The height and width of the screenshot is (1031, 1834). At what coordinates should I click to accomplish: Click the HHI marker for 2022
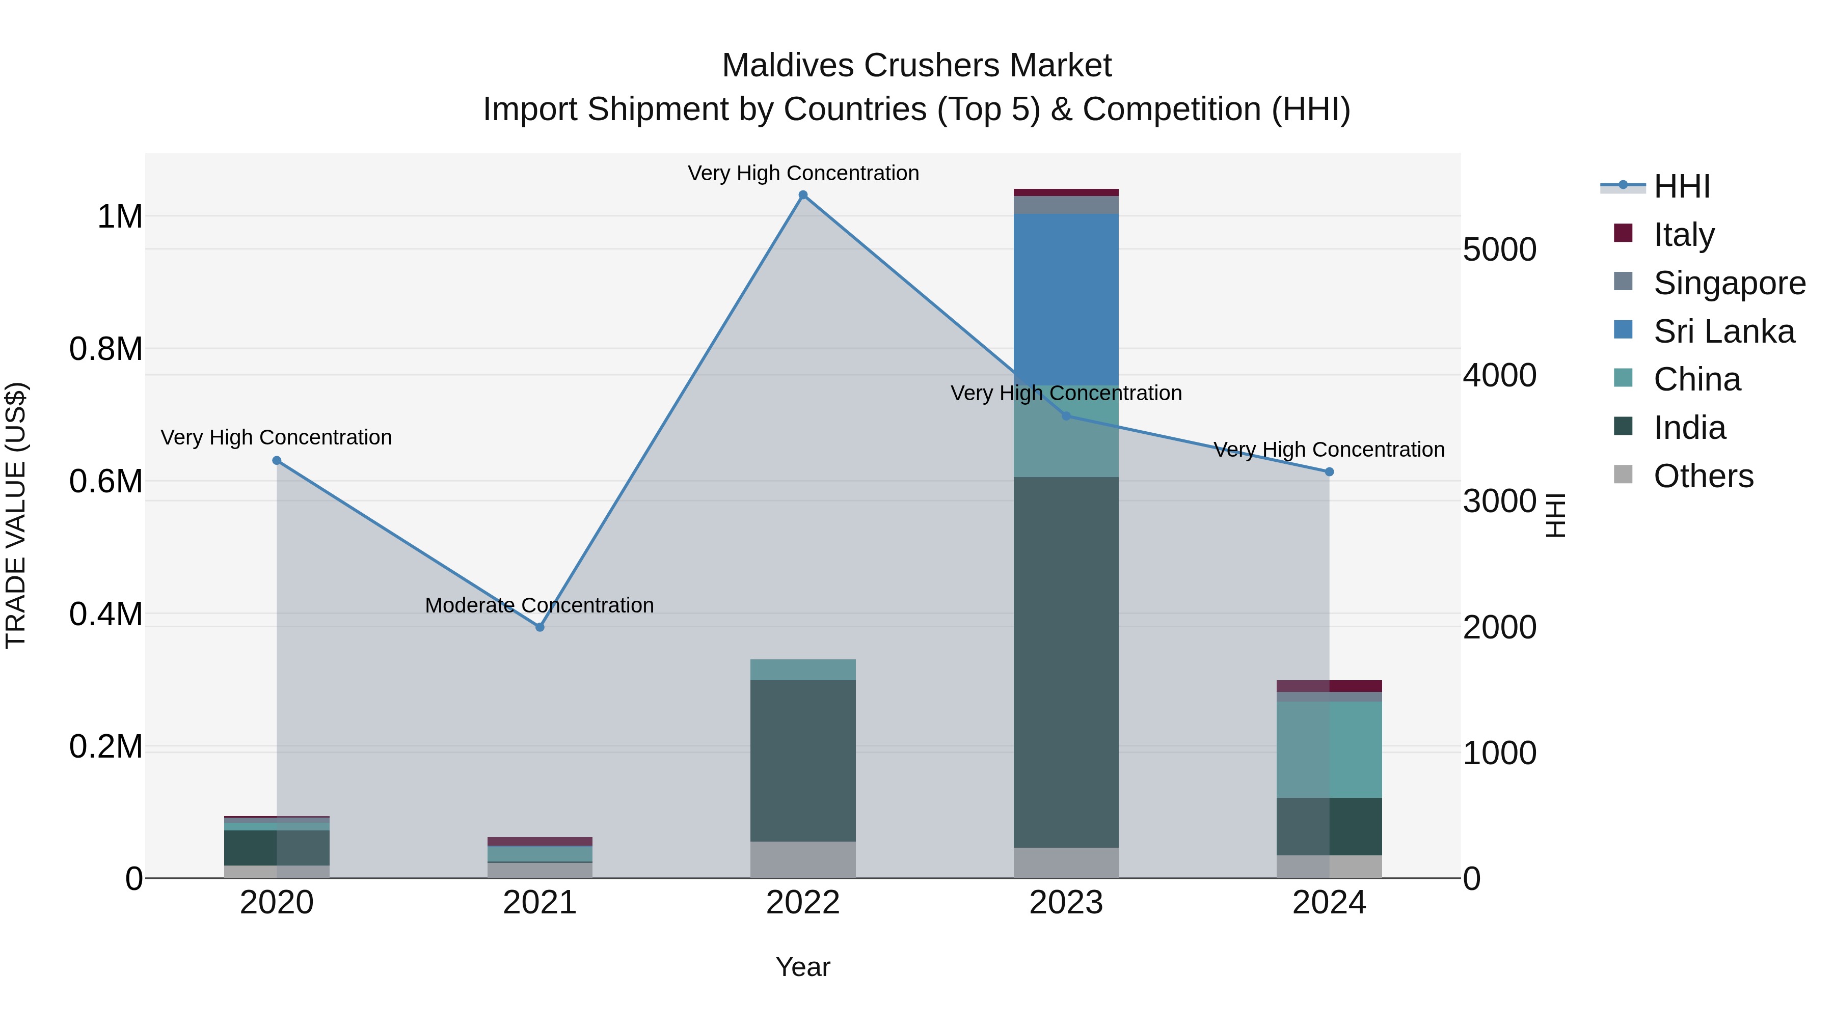pos(803,195)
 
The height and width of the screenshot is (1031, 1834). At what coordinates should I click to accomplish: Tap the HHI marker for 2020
pos(277,460)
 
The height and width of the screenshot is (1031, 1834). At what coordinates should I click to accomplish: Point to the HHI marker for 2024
pos(1329,472)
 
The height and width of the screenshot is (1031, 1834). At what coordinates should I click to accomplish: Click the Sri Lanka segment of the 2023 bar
pos(1066,299)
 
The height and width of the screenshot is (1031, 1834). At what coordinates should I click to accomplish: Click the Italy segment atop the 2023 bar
pos(1066,192)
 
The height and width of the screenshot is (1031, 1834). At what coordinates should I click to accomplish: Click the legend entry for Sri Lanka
pos(1723,331)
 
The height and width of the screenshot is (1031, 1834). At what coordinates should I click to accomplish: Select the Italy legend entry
pos(1684,235)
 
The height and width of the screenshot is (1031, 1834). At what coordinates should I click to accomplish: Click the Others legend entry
pos(1703,476)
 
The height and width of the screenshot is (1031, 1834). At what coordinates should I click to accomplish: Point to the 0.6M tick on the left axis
pos(106,482)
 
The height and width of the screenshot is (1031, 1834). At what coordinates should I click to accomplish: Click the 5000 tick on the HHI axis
pos(1499,250)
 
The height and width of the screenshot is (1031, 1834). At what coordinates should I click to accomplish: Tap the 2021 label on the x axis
pos(540,903)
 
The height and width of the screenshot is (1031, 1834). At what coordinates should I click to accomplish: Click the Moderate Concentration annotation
pos(539,605)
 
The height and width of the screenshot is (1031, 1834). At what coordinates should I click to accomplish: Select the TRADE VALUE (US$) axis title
pos(16,515)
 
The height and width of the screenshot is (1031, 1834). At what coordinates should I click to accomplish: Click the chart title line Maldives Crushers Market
pos(916,66)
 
